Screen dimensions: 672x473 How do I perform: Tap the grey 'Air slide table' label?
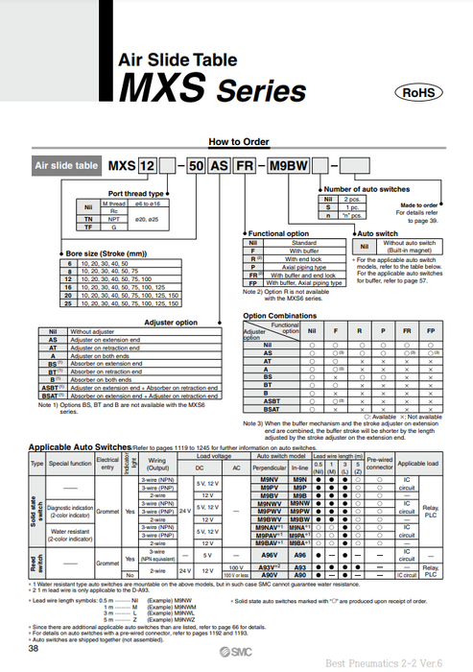point(67,165)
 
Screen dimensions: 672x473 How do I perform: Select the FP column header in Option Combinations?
point(429,329)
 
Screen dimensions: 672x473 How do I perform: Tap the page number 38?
point(34,649)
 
